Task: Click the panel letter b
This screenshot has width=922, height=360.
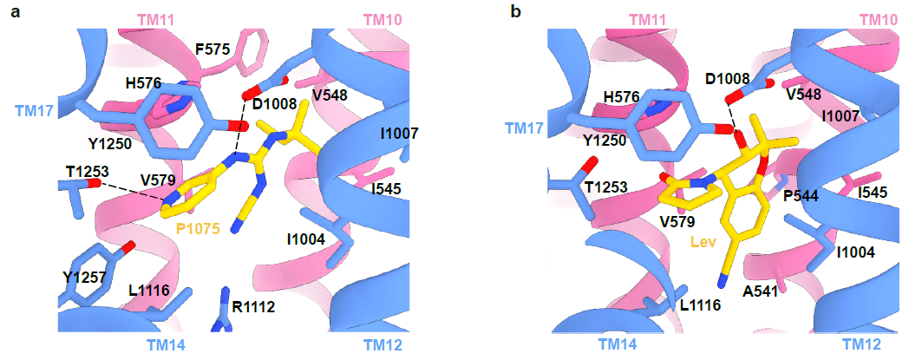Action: tap(518, 13)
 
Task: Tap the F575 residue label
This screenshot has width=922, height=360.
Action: tap(213, 50)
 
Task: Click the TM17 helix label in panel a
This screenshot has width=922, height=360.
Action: tap(34, 110)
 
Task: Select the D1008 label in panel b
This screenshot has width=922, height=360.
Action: tap(727, 80)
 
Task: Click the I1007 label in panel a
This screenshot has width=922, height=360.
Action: tap(399, 133)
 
